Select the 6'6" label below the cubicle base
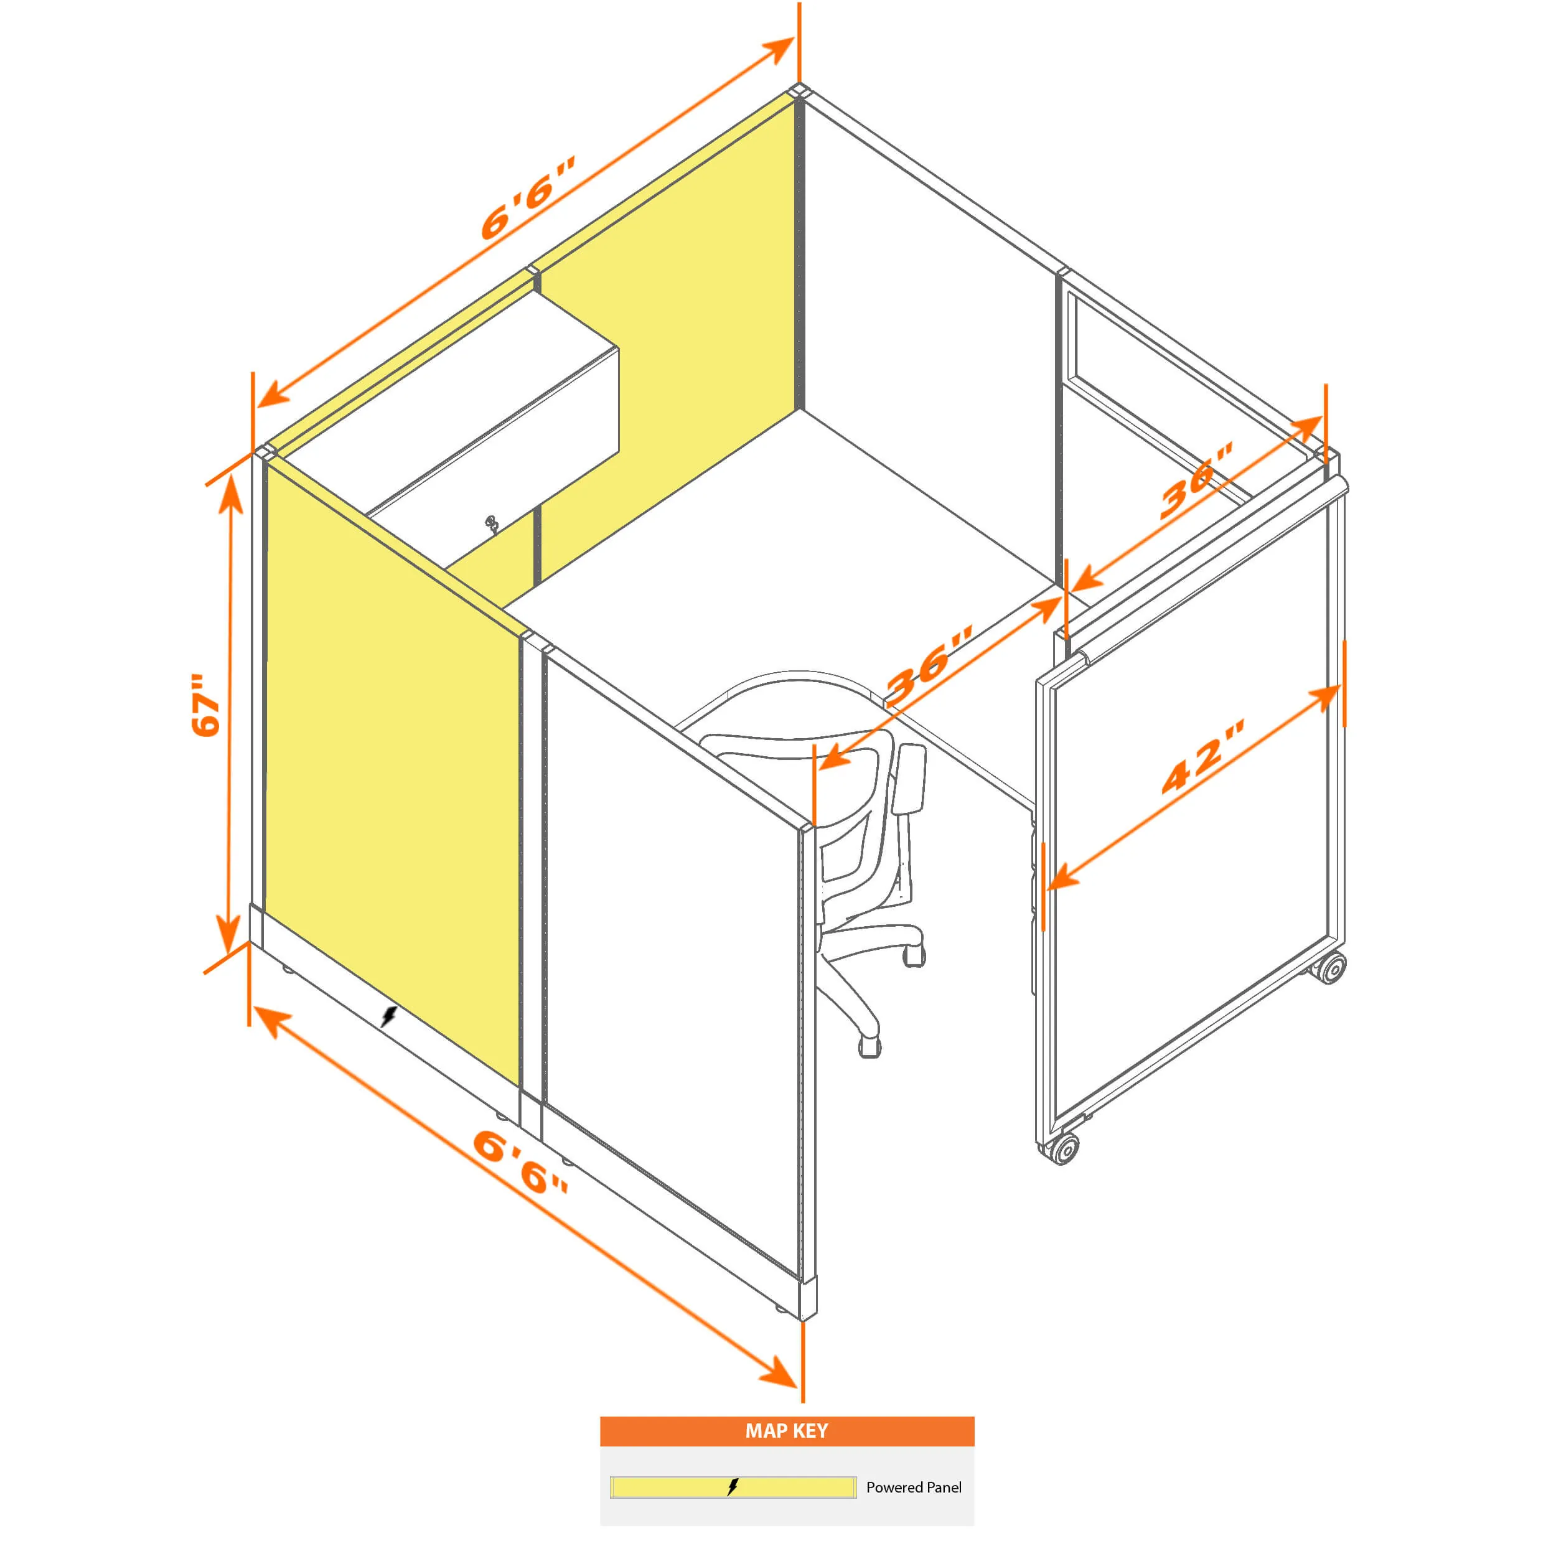[520, 1161]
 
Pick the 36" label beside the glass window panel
[1196, 480]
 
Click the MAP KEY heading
[786, 1430]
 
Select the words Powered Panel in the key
[913, 1488]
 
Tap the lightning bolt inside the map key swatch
[732, 1487]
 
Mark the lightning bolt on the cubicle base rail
[388, 1016]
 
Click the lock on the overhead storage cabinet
[491, 524]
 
